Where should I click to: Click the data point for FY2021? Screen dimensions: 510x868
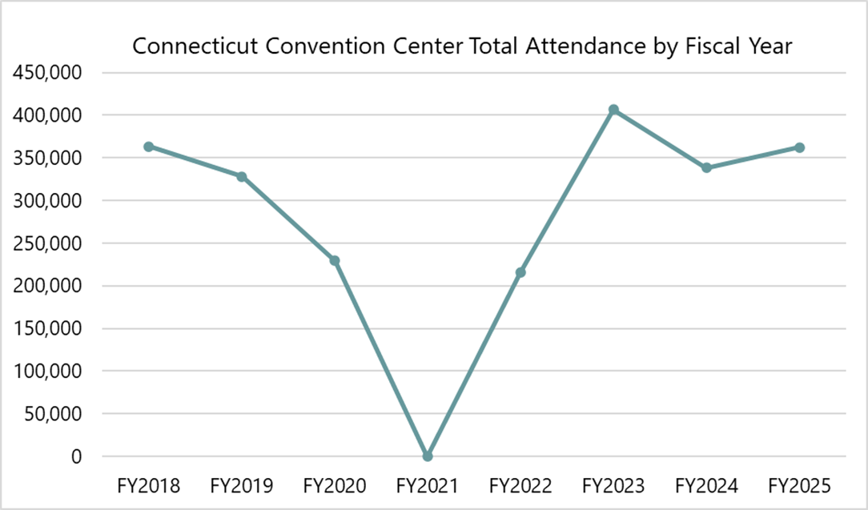pos(428,456)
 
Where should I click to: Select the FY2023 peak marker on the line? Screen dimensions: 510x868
pos(613,110)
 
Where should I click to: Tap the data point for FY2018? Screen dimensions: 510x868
pos(149,147)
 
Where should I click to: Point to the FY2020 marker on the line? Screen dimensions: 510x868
pos(335,260)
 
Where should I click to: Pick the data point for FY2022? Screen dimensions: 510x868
pos(520,272)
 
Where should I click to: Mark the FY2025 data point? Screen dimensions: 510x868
pos(799,147)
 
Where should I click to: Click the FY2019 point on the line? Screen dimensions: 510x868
pos(242,176)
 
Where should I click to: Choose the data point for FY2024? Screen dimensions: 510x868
pos(706,167)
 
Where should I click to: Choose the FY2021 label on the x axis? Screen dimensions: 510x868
pos(428,485)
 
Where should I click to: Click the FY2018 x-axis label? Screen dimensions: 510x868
pos(149,485)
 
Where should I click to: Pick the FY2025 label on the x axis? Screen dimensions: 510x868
pos(799,485)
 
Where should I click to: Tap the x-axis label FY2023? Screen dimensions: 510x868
pos(613,485)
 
